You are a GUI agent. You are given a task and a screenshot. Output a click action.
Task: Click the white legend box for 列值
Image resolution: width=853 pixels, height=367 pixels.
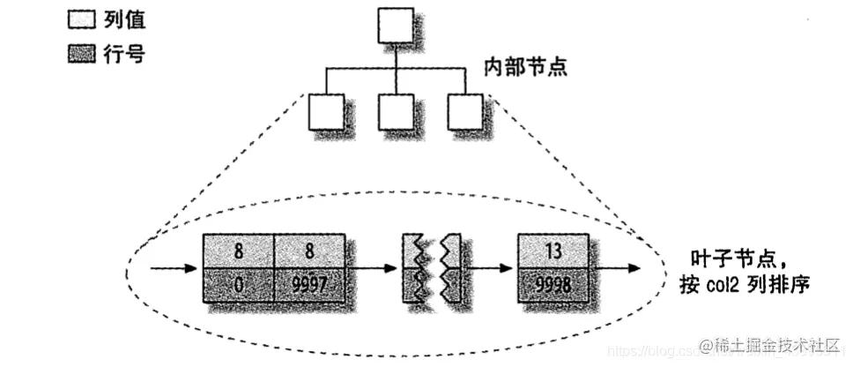click(x=80, y=18)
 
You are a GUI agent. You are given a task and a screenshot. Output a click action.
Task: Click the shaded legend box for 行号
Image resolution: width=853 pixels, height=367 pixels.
click(x=80, y=55)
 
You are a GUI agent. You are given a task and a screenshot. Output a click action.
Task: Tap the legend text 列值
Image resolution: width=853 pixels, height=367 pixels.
click(x=122, y=18)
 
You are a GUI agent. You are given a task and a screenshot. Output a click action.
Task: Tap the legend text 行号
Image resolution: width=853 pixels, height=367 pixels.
click(x=122, y=55)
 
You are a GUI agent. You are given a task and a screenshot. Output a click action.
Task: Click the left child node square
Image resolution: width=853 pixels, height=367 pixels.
click(x=325, y=112)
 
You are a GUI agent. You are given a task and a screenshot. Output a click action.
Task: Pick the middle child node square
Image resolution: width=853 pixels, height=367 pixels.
click(x=395, y=112)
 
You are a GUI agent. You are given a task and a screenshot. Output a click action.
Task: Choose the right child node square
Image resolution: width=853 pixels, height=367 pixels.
click(x=463, y=112)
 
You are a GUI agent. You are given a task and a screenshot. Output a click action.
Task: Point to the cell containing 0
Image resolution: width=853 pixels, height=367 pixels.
click(x=238, y=285)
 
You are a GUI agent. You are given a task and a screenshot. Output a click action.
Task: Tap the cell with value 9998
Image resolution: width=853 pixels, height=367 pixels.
click(x=553, y=285)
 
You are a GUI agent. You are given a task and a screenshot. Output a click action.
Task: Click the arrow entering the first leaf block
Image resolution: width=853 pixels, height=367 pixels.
click(x=174, y=268)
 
